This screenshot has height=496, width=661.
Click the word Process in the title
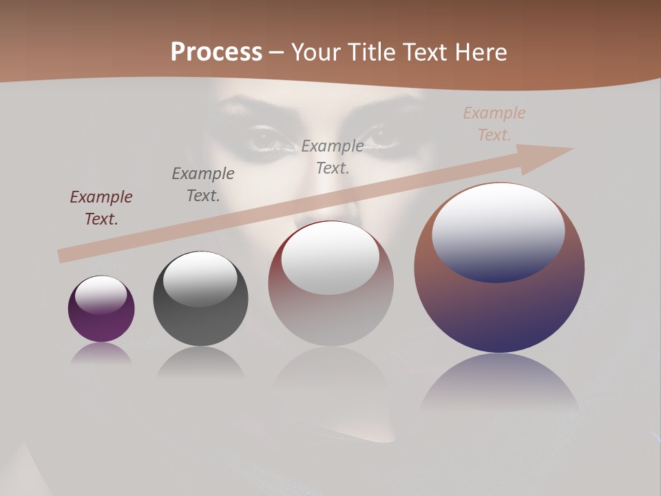pos(216,52)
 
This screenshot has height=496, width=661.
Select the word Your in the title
pos(316,52)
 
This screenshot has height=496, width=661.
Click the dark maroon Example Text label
pos(101,207)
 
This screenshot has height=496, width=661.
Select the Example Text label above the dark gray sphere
pos(202,184)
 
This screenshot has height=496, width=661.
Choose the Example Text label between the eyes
pos(333,156)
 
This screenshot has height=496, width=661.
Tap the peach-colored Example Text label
pos(494,123)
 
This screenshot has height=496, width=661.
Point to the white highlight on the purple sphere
pos(101,295)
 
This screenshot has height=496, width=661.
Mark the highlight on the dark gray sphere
pos(200,277)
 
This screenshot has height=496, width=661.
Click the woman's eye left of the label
pos(269,138)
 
